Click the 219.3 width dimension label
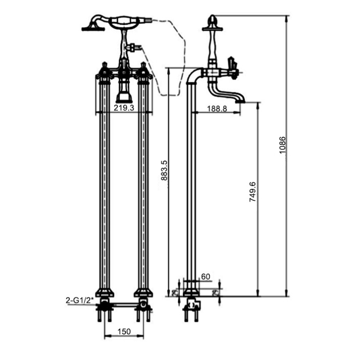click(124, 108)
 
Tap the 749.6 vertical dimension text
click(252, 191)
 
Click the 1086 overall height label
click(282, 145)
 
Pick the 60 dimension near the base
click(206, 277)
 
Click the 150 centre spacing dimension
click(124, 332)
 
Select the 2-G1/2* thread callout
click(80, 299)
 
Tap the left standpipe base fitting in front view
click(104, 292)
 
